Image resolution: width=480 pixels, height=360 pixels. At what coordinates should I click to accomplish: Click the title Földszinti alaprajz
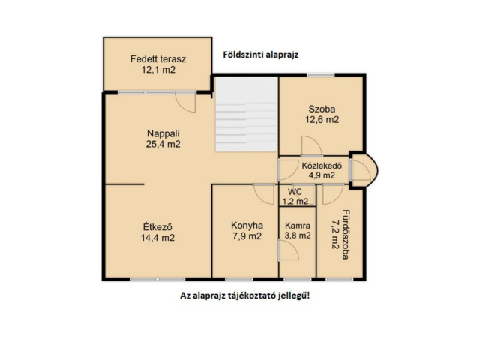260,55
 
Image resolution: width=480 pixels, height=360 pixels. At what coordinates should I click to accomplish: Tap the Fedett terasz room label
158,58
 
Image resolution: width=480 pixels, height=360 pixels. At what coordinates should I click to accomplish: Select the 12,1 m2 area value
158,70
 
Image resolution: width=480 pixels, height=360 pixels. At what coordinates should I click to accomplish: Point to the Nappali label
163,133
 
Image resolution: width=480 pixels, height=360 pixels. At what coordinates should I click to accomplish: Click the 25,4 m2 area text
163,144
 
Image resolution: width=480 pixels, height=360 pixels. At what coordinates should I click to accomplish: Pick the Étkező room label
157,227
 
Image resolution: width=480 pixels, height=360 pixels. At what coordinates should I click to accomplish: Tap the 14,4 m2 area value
157,238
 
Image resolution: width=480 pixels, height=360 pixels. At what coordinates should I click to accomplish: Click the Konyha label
247,226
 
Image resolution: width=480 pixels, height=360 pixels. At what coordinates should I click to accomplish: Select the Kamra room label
298,226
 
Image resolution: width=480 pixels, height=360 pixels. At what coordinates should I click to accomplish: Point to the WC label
295,192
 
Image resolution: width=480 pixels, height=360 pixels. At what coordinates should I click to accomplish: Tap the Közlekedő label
322,166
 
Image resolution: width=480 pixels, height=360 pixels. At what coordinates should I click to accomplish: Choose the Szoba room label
322,109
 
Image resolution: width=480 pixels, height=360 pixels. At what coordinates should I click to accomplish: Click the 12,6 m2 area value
322,120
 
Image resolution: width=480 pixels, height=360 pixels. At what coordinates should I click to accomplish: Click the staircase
246,114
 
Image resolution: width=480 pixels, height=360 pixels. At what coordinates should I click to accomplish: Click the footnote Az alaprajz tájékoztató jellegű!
245,295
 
